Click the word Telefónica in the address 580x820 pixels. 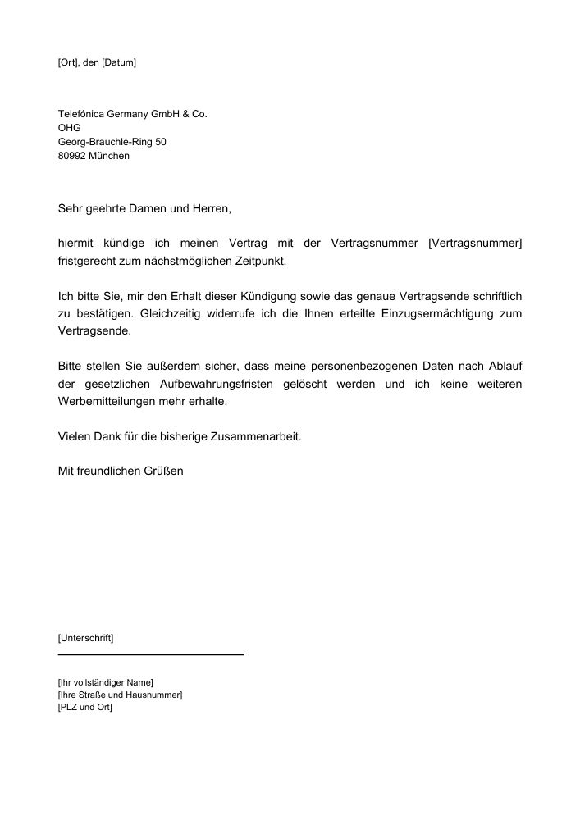point(80,114)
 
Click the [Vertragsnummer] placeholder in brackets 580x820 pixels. point(475,243)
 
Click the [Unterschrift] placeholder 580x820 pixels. point(85,637)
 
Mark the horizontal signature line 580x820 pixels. point(151,654)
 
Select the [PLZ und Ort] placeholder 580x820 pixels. point(84,708)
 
